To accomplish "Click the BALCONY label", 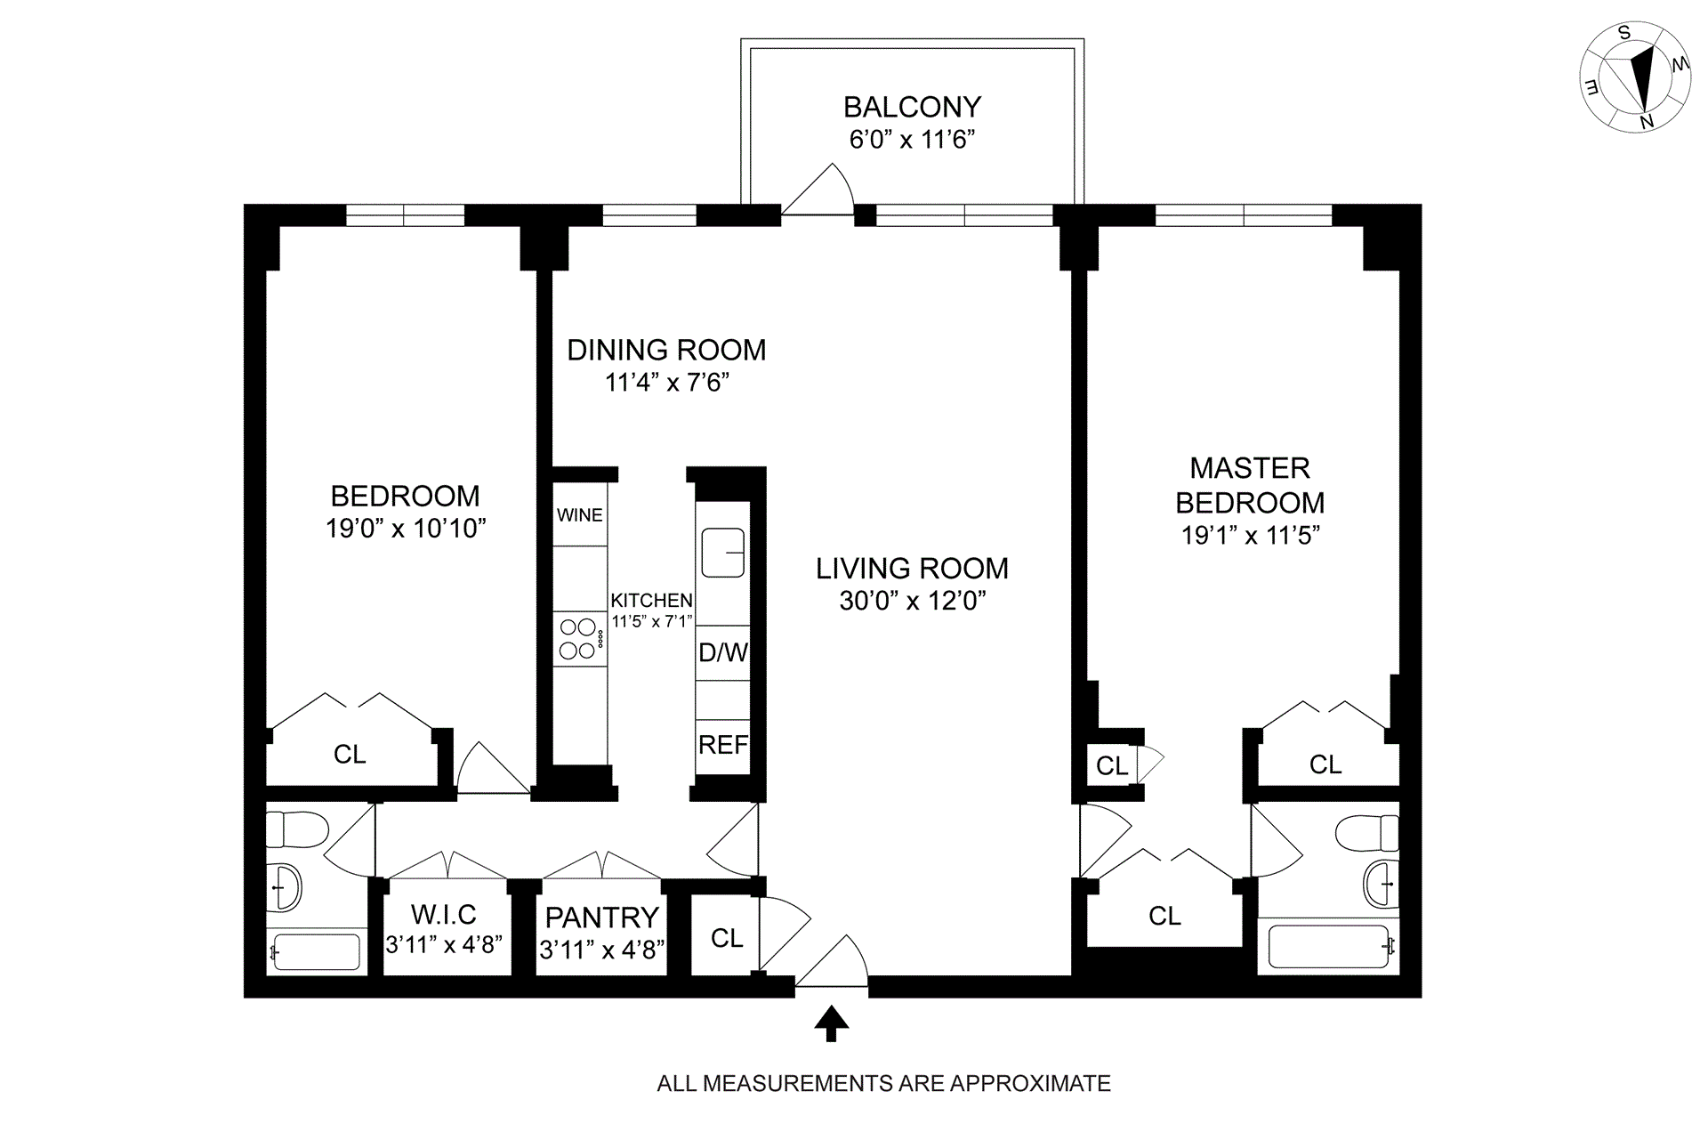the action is pos(912,107).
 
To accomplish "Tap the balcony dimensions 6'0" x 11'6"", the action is pos(912,140).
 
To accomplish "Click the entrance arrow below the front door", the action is pos(832,1023).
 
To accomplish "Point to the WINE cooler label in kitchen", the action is pos(580,515).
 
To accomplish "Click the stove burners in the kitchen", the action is pos(577,639).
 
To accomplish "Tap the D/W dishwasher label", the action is pos(723,652).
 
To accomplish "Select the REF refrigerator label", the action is pos(723,745).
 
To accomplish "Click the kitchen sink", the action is pos(723,553).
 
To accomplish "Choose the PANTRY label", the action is pos(602,918).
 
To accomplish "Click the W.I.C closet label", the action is pos(444,914).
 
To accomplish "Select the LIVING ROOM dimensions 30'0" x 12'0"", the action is pos(913,601).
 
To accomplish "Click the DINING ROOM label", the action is pos(666,350).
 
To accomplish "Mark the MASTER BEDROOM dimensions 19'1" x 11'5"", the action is pos(1250,535).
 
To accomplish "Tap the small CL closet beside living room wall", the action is pos(1111,765).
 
